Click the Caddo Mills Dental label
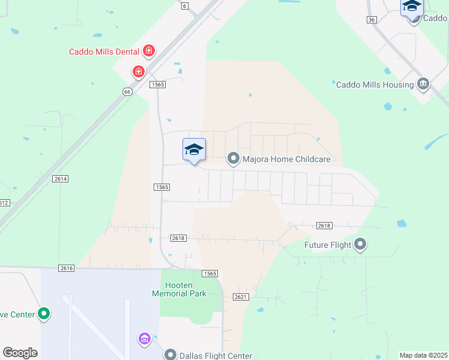[x=104, y=52]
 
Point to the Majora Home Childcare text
[x=286, y=159]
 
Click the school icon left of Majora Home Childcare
[x=194, y=150]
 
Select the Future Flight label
[x=327, y=245]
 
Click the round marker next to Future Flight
[x=360, y=244]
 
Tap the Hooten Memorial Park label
[x=179, y=289]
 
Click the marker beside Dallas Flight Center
[x=171, y=355]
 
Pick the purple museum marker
[x=144, y=339]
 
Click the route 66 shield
[x=127, y=92]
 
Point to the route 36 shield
[x=372, y=20]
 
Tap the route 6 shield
[x=184, y=5]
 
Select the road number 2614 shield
[x=61, y=179]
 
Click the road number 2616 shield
[x=66, y=268]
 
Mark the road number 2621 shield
[x=241, y=297]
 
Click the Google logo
[x=20, y=353]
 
